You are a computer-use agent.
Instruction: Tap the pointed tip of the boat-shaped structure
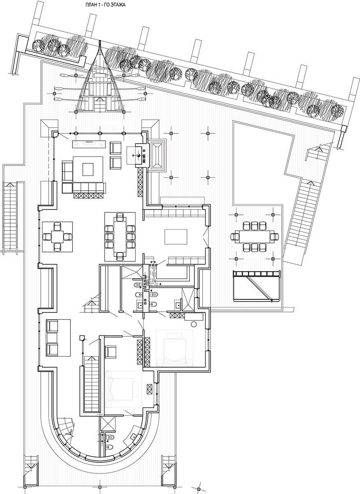click(100, 41)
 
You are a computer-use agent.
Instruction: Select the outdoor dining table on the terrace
click(255, 237)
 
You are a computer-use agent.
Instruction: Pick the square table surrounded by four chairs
click(58, 237)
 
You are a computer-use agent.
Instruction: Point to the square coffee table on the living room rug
click(88, 169)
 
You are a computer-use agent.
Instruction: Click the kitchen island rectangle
click(176, 237)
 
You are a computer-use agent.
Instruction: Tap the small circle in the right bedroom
click(194, 324)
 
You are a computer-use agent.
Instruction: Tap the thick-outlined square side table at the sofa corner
click(68, 188)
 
